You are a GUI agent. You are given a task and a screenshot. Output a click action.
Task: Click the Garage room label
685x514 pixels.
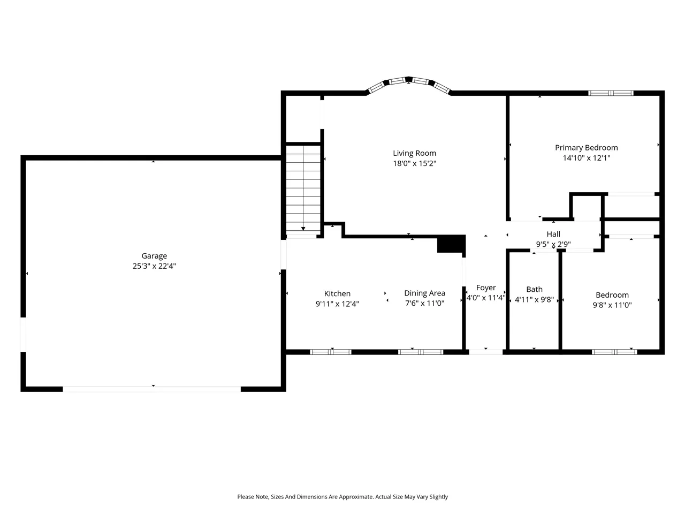click(x=154, y=256)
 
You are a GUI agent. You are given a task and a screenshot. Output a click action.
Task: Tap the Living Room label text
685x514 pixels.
click(x=414, y=153)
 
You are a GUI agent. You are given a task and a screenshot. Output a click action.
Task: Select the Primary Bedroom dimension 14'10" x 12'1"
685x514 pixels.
click(x=587, y=158)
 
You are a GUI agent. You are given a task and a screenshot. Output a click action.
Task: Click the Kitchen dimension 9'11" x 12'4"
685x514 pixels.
click(x=337, y=304)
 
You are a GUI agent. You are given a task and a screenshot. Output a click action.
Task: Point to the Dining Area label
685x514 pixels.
click(x=424, y=293)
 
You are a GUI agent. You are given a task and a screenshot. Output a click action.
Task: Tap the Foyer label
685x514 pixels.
click(x=486, y=288)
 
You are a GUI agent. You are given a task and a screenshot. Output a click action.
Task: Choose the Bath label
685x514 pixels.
click(x=534, y=290)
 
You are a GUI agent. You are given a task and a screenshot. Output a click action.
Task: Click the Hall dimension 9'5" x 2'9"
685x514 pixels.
click(x=553, y=244)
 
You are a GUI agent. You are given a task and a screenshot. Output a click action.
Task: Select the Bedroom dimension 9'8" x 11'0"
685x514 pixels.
click(x=612, y=305)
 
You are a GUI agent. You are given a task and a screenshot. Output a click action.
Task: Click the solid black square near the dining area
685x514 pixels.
click(x=451, y=244)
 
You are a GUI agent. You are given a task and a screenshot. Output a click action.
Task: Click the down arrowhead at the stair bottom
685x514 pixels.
click(x=303, y=229)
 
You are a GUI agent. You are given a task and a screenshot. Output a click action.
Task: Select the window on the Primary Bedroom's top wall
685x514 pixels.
click(x=611, y=93)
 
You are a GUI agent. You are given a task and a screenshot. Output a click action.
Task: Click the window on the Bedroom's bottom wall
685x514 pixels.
click(x=614, y=352)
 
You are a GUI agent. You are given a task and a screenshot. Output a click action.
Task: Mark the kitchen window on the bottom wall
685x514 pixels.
click(x=331, y=352)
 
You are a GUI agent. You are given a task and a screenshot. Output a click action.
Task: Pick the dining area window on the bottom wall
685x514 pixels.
click(x=420, y=352)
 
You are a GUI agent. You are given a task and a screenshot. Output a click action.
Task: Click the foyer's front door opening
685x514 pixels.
click(x=485, y=352)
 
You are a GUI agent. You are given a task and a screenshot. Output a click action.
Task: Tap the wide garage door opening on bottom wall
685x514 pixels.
click(x=151, y=389)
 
